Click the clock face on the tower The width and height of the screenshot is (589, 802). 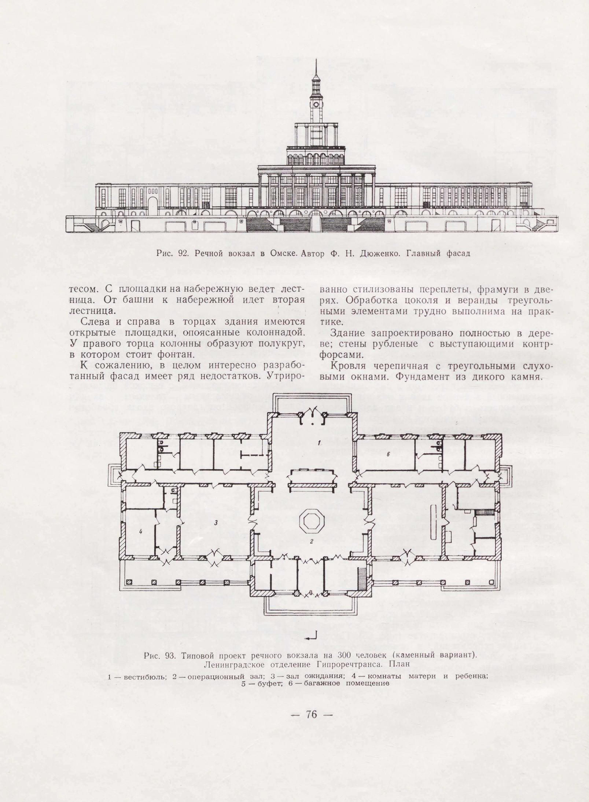[x=316, y=104]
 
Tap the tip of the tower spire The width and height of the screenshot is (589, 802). [x=316, y=59]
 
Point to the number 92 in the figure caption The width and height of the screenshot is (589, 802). [x=183, y=253]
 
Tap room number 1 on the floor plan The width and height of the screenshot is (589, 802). [x=319, y=443]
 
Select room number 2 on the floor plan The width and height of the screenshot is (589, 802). [x=311, y=541]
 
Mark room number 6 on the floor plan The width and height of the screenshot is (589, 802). [x=387, y=454]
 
